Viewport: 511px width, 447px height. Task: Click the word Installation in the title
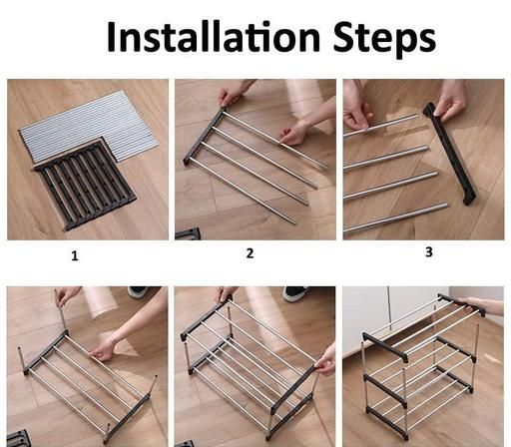point(213,36)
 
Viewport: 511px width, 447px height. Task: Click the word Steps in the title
point(384,39)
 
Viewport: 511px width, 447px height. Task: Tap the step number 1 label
point(75,255)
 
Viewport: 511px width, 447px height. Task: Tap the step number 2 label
point(250,253)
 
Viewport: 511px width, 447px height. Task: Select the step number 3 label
point(429,251)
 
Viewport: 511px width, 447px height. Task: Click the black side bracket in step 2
point(204,137)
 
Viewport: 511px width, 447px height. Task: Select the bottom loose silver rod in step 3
point(396,218)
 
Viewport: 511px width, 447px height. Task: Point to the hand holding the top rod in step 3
point(356,112)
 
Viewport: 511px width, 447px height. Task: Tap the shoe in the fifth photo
point(296,293)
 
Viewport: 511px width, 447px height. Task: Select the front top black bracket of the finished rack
point(385,347)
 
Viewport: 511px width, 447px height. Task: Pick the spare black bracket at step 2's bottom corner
point(188,233)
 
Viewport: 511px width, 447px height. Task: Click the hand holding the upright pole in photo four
point(68,295)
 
